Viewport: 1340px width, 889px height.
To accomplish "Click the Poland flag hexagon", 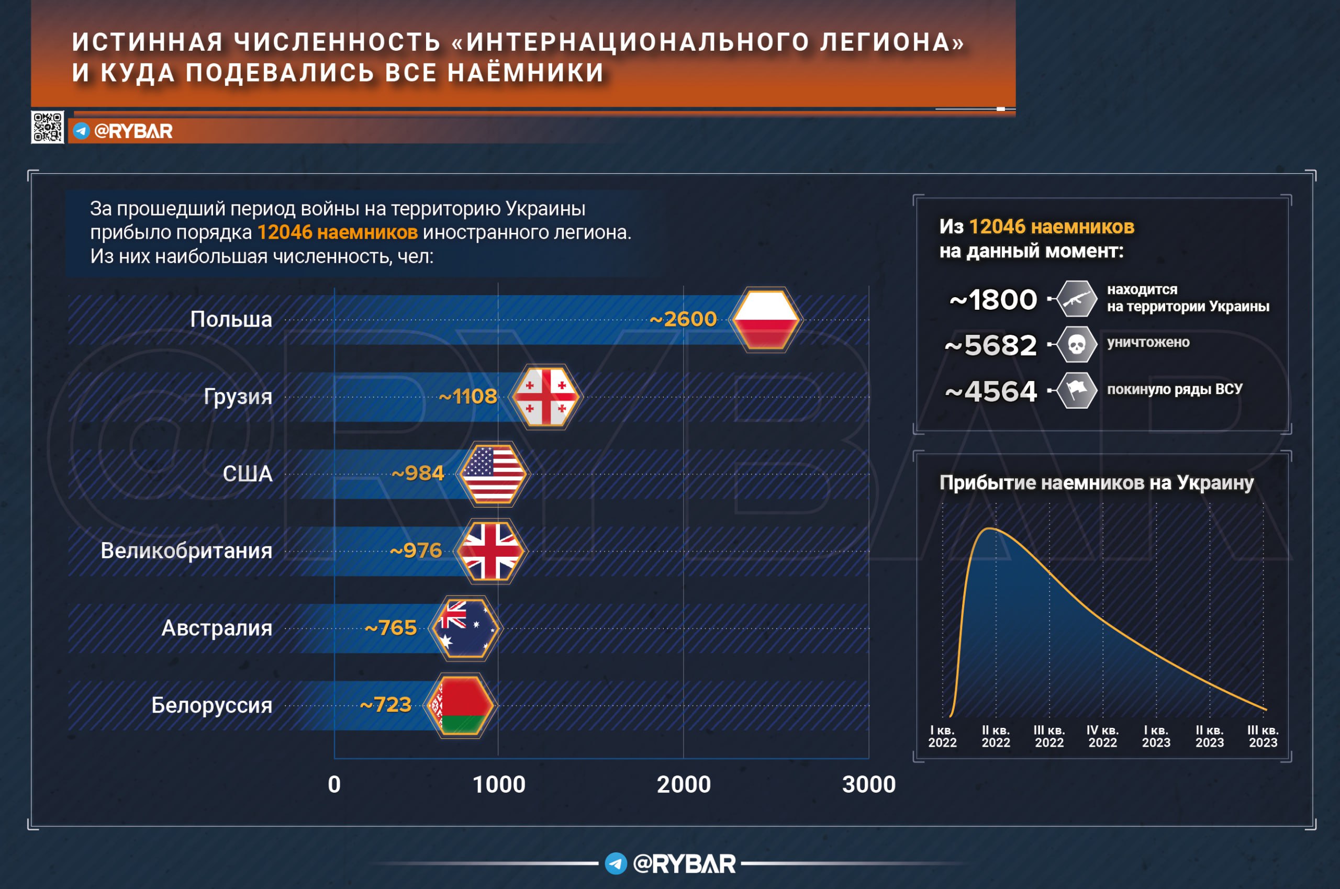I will (766, 320).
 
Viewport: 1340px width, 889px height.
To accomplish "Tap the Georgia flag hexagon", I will (545, 397).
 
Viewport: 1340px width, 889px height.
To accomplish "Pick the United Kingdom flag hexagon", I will (491, 551).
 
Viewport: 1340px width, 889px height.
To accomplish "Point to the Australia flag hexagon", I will (465, 628).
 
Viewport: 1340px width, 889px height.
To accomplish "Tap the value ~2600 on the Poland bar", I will (683, 319).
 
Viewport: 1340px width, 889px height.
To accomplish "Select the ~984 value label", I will (418, 474).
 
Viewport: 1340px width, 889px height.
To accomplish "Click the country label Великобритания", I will (186, 551).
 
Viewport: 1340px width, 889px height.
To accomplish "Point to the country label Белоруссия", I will (211, 705).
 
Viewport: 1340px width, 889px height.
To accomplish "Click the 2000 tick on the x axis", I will (683, 785).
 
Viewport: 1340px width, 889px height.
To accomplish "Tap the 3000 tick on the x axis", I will (869, 785).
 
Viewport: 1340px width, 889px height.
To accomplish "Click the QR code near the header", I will (48, 127).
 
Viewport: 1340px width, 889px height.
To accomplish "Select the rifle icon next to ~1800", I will (1076, 299).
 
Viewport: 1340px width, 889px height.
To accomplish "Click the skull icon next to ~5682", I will (1076, 344).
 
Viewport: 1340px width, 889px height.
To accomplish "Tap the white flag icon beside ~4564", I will (1076, 390).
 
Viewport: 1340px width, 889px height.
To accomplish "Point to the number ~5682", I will (991, 345).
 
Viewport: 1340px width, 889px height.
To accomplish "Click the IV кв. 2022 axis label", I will (1102, 737).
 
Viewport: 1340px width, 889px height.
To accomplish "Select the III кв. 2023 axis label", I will (1263, 737).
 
